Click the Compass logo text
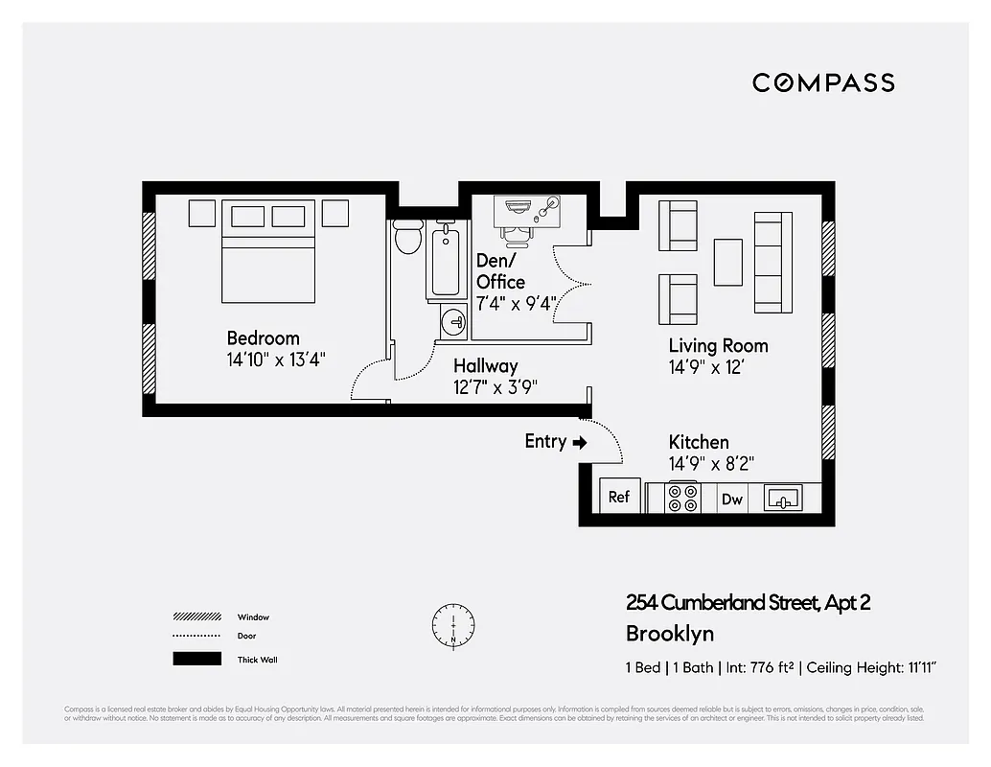pos(823,83)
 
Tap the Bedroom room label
pos(263,338)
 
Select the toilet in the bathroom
pos(408,236)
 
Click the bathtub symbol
pos(446,261)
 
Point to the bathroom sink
pos(453,323)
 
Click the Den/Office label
pos(500,271)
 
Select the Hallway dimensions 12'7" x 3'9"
pos(495,387)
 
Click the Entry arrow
pos(579,442)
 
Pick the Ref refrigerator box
pos(619,497)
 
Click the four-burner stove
pos(683,498)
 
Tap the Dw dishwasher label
pos(732,499)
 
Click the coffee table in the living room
pos(728,262)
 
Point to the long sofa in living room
pos(772,263)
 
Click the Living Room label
pos(718,346)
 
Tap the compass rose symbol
pos(452,623)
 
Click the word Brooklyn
pos(670,634)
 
